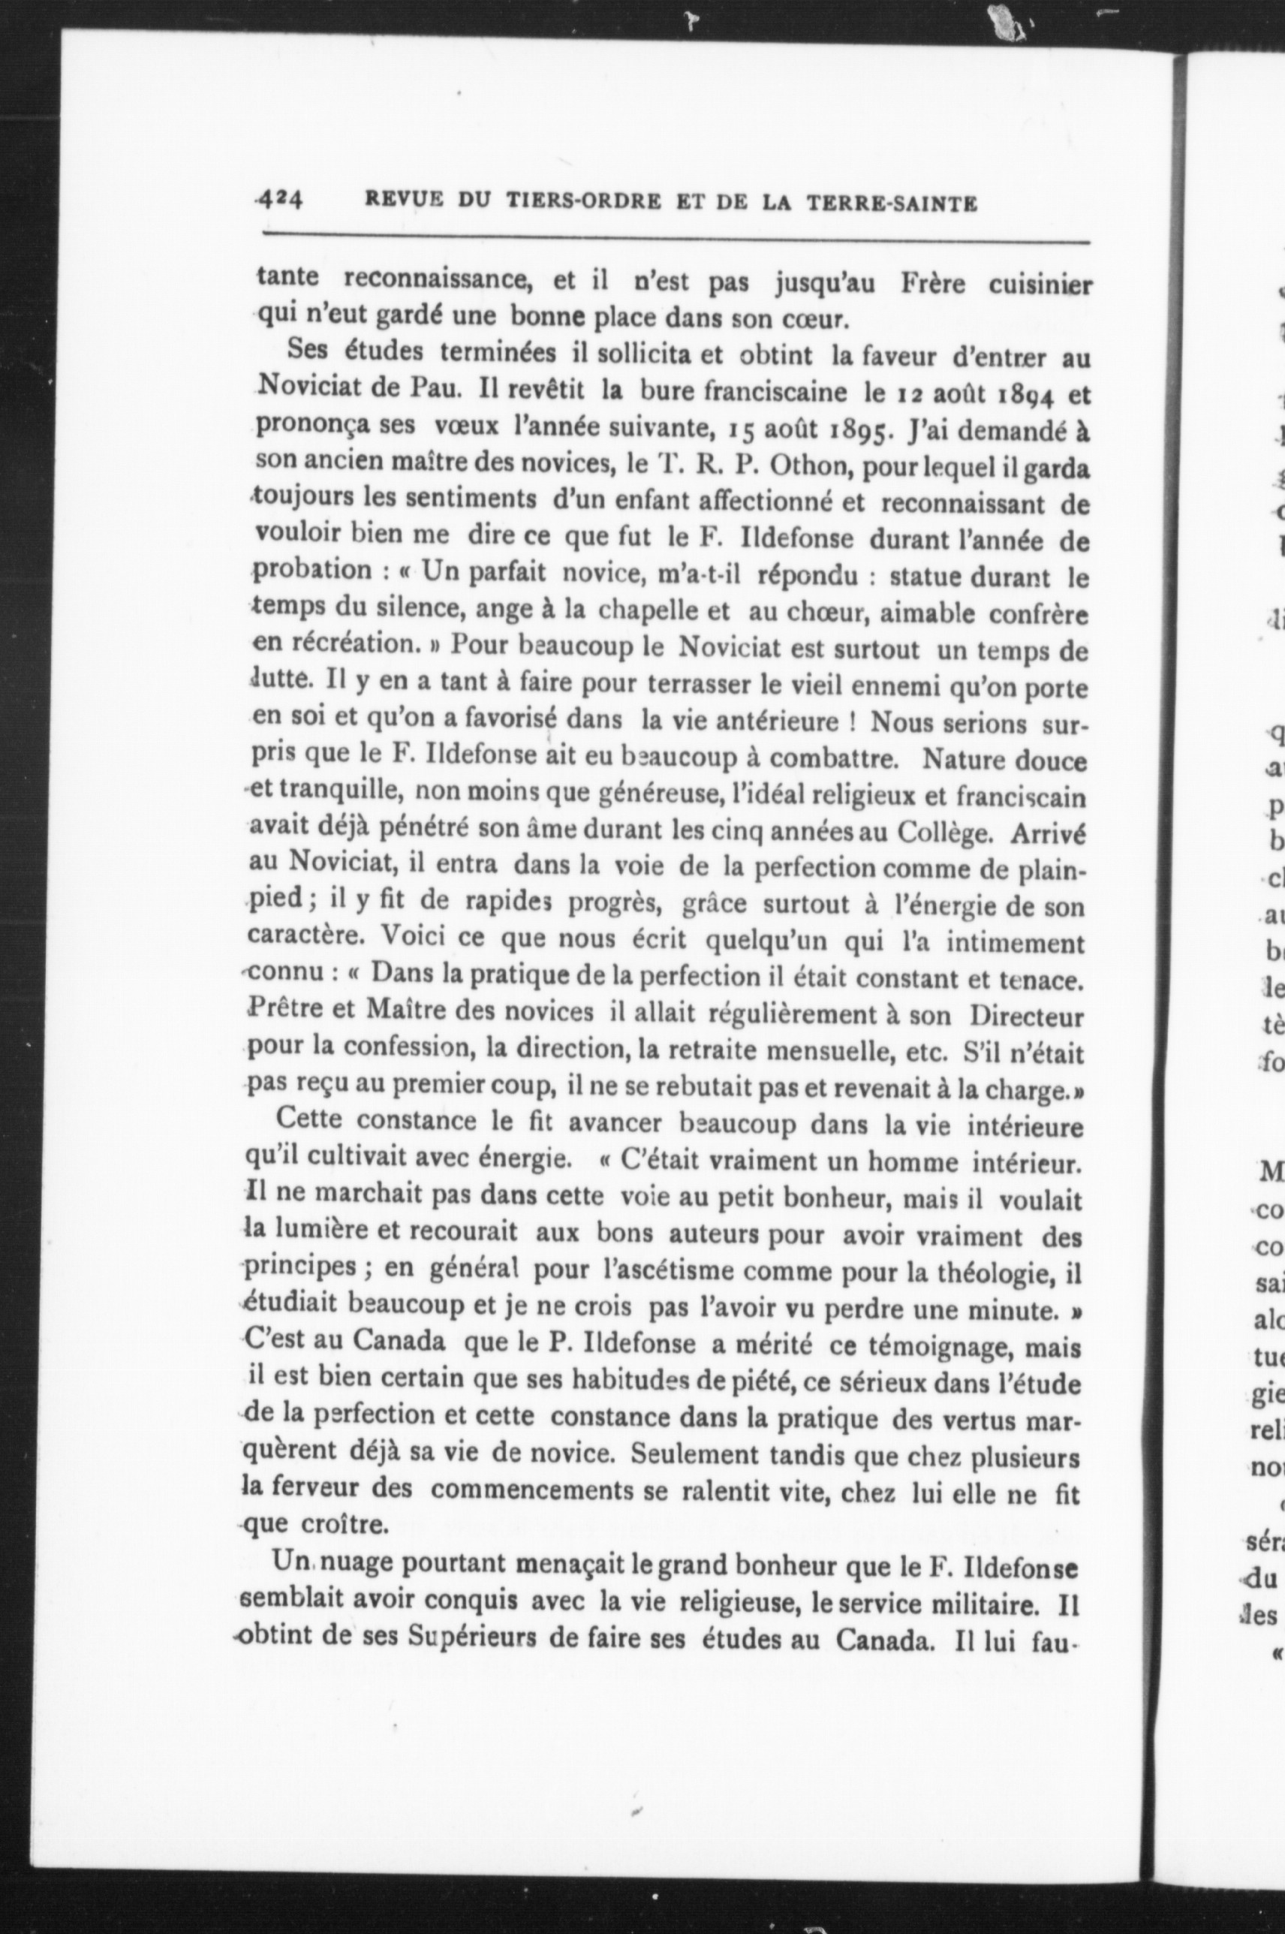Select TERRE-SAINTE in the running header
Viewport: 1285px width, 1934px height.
pyautogui.click(x=892, y=203)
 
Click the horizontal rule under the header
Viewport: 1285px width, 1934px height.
pyautogui.click(x=676, y=239)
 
